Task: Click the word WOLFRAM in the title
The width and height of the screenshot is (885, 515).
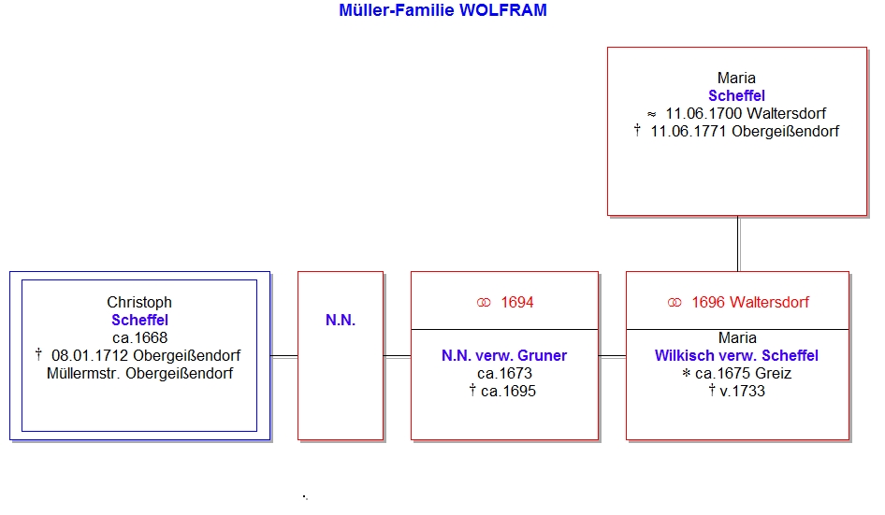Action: (x=503, y=10)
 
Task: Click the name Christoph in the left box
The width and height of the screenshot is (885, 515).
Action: (x=139, y=302)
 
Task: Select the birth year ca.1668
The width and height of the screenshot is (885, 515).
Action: (x=140, y=337)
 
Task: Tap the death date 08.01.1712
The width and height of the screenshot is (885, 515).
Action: (x=90, y=355)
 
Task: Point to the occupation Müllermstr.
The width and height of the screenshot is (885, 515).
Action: (x=83, y=374)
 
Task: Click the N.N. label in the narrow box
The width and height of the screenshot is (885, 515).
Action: (x=341, y=321)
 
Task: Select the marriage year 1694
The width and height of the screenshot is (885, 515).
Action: (x=517, y=302)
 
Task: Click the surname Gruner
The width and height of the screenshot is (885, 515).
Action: (x=542, y=355)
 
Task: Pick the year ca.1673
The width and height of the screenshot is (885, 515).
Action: (x=504, y=374)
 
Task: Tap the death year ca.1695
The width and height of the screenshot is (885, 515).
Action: (x=508, y=391)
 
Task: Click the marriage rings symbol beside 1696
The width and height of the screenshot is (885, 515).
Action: (x=675, y=303)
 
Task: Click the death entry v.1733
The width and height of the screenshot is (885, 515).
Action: (x=742, y=391)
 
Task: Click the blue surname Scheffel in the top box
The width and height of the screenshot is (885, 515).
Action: (x=736, y=96)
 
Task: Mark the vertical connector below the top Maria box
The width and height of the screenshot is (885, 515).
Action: (x=738, y=244)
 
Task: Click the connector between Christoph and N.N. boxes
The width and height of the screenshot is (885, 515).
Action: (x=283, y=356)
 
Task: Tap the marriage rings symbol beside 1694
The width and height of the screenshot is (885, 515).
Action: (x=484, y=303)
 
